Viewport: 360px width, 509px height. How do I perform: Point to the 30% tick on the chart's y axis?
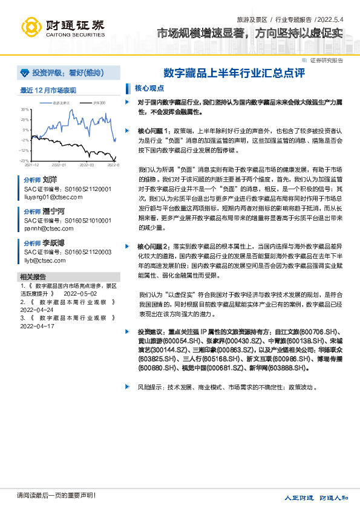(25, 109)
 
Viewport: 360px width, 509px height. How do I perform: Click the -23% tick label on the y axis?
(24, 160)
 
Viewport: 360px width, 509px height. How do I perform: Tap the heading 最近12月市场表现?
(48, 90)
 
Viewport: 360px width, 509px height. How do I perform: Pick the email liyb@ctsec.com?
(45, 261)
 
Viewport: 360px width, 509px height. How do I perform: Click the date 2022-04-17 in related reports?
(38, 326)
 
